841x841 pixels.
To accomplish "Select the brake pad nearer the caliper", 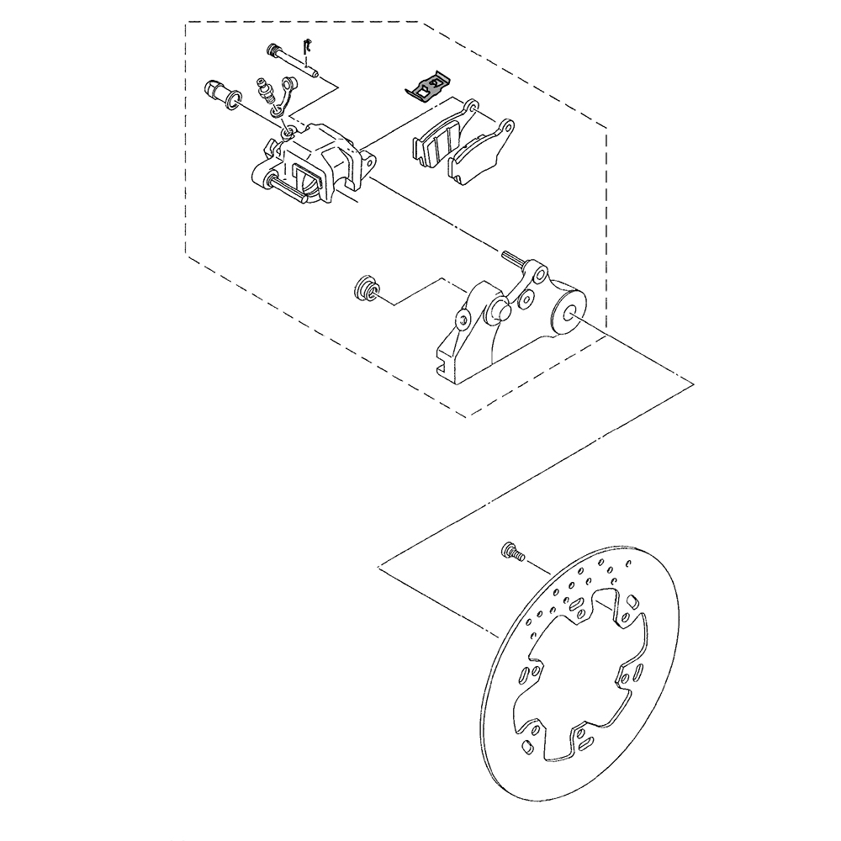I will (x=437, y=139).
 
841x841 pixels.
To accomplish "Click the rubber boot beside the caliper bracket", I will (x=364, y=288).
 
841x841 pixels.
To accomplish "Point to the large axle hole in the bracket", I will (x=571, y=315).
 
